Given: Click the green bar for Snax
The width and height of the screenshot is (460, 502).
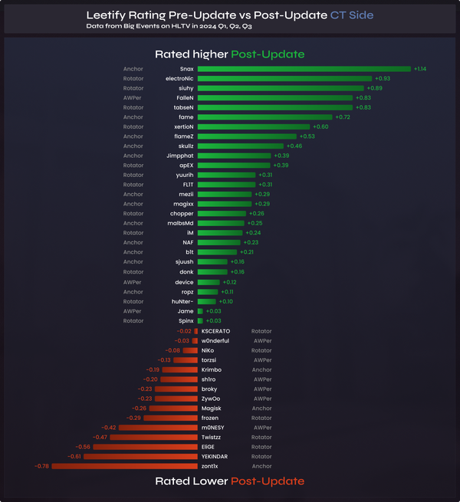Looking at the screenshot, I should [x=304, y=69].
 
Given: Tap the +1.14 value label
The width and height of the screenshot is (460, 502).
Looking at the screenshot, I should [x=420, y=69].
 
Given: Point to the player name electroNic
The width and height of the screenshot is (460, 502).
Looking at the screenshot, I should [x=179, y=78].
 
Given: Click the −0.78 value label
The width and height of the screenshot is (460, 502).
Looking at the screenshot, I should [x=41, y=466].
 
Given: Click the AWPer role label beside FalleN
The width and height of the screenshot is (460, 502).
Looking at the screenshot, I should [x=133, y=97].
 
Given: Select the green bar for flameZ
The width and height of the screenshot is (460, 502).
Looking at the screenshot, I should [x=247, y=136].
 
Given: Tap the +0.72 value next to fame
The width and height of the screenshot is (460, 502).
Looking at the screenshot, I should [x=343, y=117].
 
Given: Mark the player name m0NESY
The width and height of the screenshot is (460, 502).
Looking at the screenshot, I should [x=212, y=428].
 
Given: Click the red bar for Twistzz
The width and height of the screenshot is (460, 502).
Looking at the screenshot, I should [x=153, y=437].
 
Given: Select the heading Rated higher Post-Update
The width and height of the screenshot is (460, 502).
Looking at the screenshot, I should [x=229, y=54].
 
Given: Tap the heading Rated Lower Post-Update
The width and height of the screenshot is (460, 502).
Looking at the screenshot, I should [x=229, y=481].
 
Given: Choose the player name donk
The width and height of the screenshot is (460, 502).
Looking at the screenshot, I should [x=186, y=271].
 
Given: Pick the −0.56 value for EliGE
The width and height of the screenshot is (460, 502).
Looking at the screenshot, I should [x=82, y=447].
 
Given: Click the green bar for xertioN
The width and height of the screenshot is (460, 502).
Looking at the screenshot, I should [x=254, y=126].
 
